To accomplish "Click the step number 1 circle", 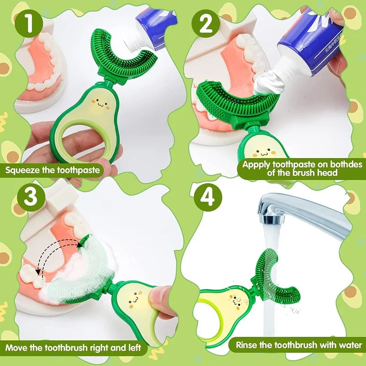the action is (29, 23).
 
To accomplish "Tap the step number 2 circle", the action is (206, 24).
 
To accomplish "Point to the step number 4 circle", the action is (207, 197).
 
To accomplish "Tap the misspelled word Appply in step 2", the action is (256, 165).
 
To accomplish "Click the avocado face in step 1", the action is (101, 103).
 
